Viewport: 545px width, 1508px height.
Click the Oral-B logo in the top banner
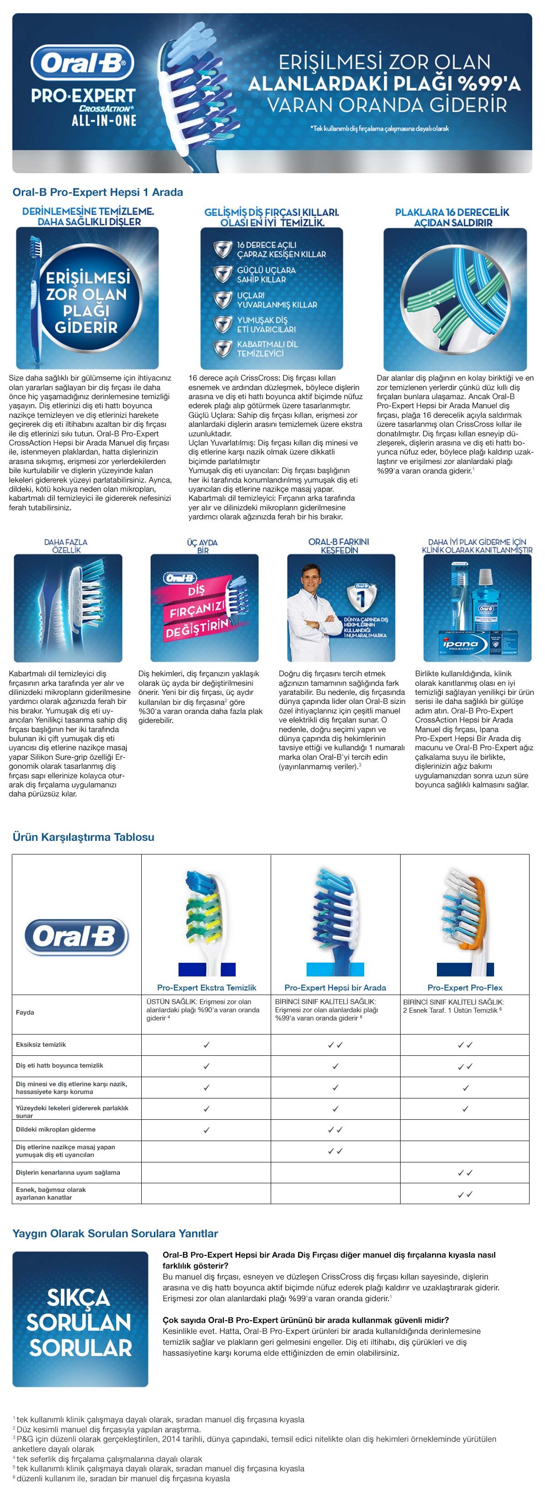click(x=83, y=63)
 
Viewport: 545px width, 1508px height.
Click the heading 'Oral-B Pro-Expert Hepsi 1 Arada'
click(x=97, y=192)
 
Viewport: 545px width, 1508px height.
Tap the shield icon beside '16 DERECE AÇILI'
click(x=222, y=249)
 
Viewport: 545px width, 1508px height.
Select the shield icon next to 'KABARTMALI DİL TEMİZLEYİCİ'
click(x=222, y=348)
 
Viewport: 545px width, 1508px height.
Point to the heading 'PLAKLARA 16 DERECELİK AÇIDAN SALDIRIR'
click(x=452, y=217)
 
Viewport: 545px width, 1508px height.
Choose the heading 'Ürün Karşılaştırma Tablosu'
click(x=83, y=836)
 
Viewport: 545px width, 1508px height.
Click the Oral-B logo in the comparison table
click(x=76, y=936)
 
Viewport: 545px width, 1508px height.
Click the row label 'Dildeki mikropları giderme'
click(x=56, y=1129)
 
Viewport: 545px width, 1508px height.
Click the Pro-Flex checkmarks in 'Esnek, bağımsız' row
click(x=465, y=1194)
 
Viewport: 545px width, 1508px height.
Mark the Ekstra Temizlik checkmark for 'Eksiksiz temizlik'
click(x=206, y=1044)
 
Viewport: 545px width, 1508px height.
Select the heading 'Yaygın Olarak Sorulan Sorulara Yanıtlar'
click(x=115, y=1233)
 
